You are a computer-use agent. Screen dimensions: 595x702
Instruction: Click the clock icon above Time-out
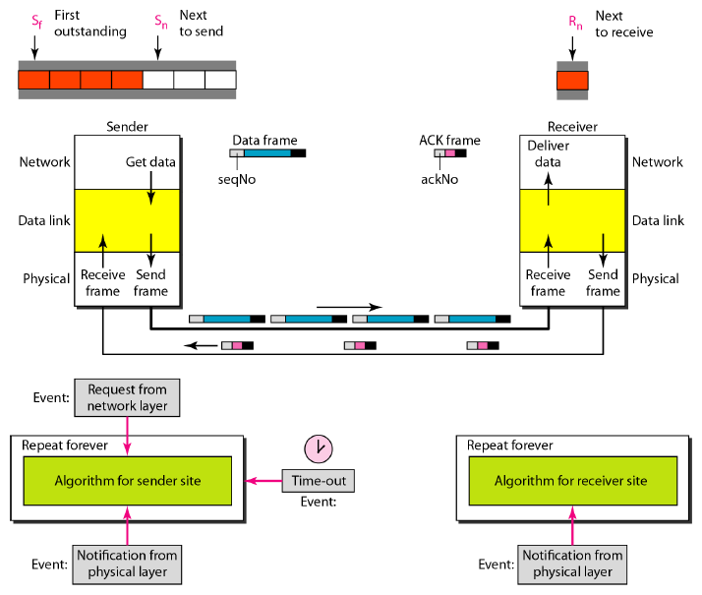[x=319, y=448]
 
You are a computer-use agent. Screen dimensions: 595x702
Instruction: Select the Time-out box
[x=318, y=481]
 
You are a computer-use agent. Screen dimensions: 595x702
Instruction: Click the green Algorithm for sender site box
[x=126, y=481]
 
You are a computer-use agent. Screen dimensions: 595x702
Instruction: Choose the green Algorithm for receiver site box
[x=570, y=481]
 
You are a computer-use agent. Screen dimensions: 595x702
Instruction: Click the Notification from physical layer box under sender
[x=127, y=564]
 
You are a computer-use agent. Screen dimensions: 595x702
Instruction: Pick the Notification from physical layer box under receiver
[x=571, y=564]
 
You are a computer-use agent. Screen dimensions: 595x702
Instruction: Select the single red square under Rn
[x=572, y=80]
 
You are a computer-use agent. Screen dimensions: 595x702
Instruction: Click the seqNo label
[x=236, y=179]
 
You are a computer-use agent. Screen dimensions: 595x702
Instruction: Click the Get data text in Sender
[x=150, y=161]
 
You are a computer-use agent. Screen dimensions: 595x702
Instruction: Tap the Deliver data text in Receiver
[x=548, y=153]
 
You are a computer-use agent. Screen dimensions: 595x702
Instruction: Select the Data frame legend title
[x=264, y=141]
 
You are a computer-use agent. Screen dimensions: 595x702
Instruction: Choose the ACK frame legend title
[x=449, y=141]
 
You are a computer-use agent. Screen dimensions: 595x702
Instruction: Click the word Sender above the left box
[x=127, y=126]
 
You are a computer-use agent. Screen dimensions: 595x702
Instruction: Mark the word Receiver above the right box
[x=572, y=126]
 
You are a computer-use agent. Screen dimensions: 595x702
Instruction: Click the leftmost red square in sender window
[x=33, y=80]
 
